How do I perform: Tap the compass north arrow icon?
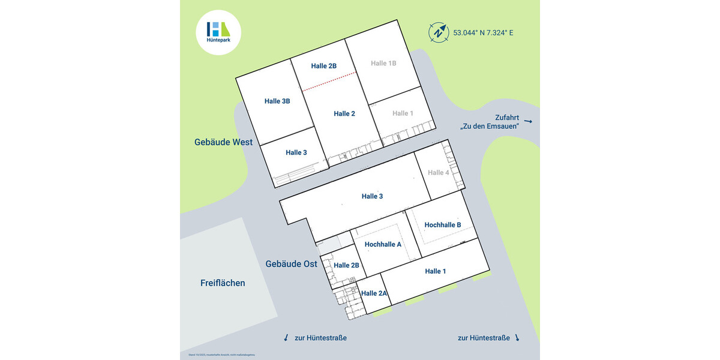pyautogui.click(x=439, y=32)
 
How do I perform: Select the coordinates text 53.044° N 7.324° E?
pyautogui.click(x=483, y=32)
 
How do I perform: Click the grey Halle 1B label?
pyautogui.click(x=383, y=63)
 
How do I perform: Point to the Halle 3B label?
pyautogui.click(x=277, y=101)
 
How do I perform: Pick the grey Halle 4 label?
pyautogui.click(x=439, y=173)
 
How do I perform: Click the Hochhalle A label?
pyautogui.click(x=383, y=244)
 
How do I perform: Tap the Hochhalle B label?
pyautogui.click(x=443, y=225)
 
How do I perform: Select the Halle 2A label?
pyautogui.click(x=374, y=293)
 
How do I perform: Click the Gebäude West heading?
pyautogui.click(x=223, y=142)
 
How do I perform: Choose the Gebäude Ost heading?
pyautogui.click(x=292, y=264)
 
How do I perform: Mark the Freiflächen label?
pyautogui.click(x=223, y=283)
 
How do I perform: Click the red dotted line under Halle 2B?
pyautogui.click(x=329, y=82)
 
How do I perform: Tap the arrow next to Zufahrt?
pyautogui.click(x=528, y=121)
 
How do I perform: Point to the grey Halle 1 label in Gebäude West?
pyautogui.click(x=403, y=113)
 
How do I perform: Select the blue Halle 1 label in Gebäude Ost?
pyautogui.click(x=436, y=271)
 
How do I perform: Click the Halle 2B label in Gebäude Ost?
pyautogui.click(x=346, y=265)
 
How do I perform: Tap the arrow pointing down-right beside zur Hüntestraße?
pyautogui.click(x=517, y=338)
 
